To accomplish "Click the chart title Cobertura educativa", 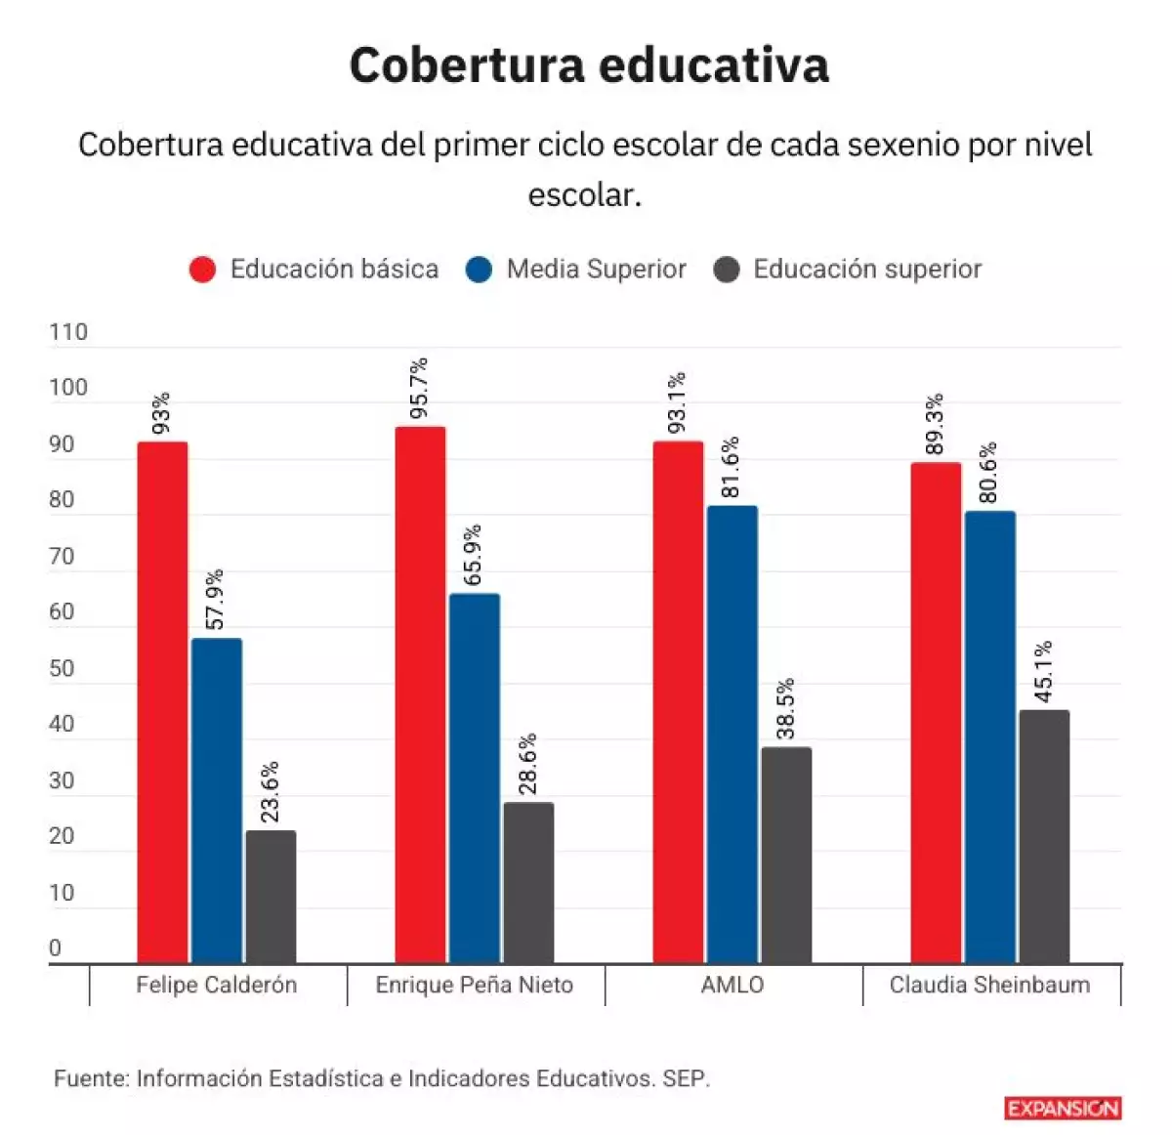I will tap(589, 65).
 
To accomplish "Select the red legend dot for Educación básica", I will tap(202, 270).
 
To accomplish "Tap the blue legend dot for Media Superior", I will tap(479, 270).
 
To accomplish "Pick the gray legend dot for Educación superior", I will tap(727, 270).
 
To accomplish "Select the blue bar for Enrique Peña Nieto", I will tap(475, 778).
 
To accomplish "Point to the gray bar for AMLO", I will tap(786, 855).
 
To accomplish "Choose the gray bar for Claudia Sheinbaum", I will tap(1044, 836).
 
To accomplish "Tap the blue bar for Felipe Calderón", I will tap(217, 800).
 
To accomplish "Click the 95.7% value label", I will tap(419, 389).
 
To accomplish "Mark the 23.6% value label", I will tap(271, 792).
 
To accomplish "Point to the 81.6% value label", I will tap(731, 468).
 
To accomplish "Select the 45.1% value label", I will tap(1043, 672).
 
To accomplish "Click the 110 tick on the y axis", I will tap(68, 332).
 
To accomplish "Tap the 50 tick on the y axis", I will tap(62, 668).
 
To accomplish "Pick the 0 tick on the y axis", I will tap(55, 947).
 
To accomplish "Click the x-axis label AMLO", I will tap(732, 985).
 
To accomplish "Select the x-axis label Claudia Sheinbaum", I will tap(989, 985).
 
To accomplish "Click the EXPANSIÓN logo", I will tap(1063, 1108).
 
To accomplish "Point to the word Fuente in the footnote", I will tap(91, 1078).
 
